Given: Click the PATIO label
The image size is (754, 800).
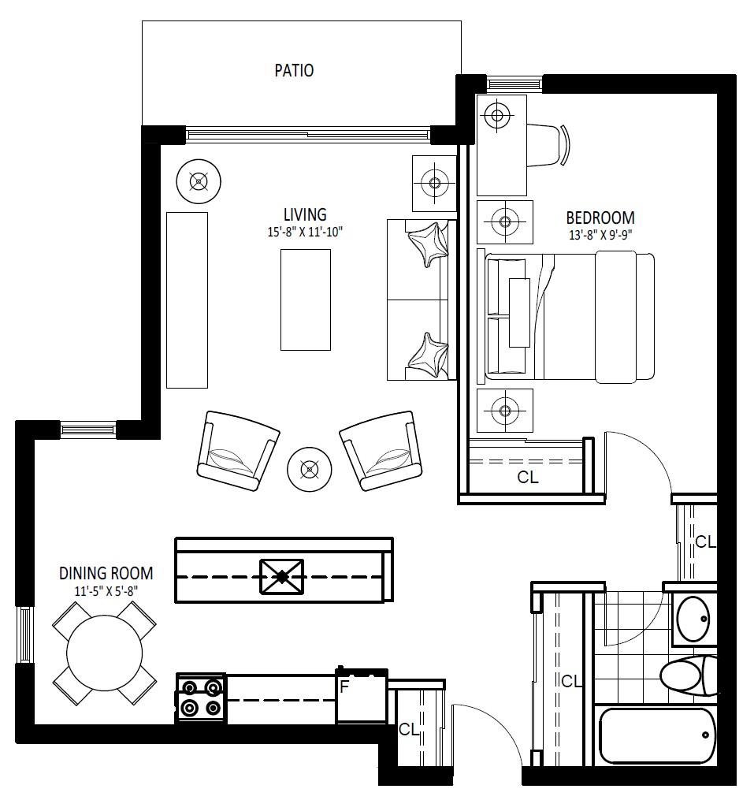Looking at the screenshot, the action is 294,70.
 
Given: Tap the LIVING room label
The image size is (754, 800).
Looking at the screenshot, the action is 305,214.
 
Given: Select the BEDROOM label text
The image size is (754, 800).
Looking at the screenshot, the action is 600,218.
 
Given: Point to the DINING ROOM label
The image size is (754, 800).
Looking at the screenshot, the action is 106,573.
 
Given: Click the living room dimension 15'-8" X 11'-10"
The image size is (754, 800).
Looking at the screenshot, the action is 305,233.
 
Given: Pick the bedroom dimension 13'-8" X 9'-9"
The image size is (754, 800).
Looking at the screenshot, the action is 600,235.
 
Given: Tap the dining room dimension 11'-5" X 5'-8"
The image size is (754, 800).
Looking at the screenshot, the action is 106,591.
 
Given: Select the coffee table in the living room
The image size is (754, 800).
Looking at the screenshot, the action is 306,300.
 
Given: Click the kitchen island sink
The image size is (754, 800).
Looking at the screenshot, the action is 281,576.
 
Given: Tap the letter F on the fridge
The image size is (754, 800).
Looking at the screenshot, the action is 344,687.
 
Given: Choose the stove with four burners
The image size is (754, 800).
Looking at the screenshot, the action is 201,698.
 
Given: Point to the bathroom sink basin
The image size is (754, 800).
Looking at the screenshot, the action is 693,619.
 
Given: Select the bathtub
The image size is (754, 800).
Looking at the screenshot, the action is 656,735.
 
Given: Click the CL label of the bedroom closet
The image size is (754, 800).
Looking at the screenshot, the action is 528,477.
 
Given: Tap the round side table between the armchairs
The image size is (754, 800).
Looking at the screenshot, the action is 309,470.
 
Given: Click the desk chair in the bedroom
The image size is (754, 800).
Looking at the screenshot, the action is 548,145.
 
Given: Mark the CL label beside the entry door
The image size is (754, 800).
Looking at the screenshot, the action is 409,730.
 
